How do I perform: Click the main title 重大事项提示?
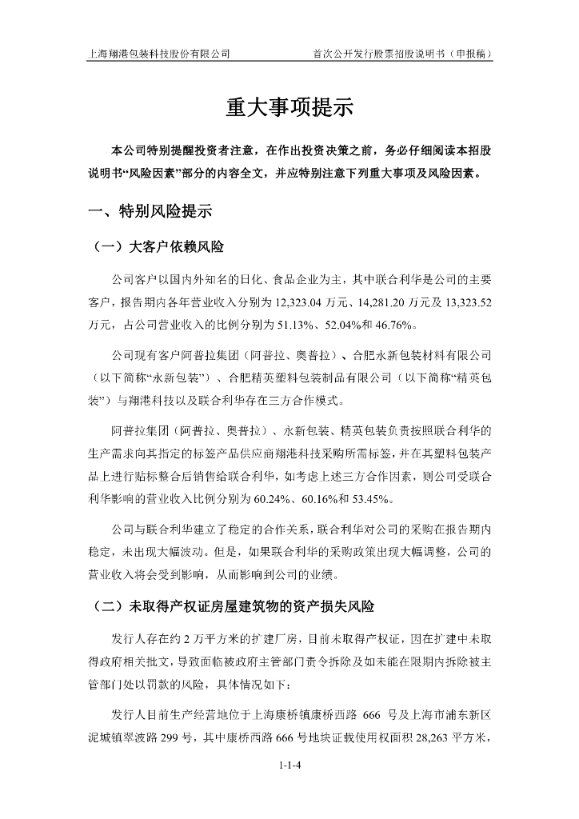[x=289, y=108]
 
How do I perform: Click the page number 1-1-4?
[x=289, y=765]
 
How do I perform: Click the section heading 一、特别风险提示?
[x=150, y=212]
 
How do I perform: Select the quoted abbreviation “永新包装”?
[x=182, y=377]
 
